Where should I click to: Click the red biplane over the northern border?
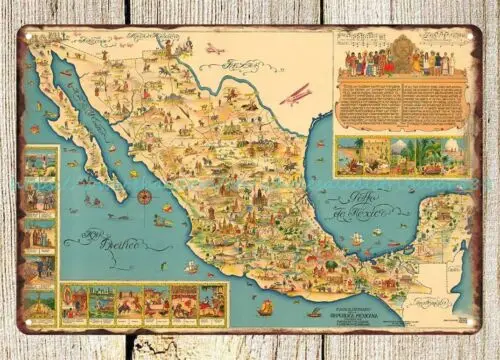click(295, 94)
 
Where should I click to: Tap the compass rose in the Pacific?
click(145, 197)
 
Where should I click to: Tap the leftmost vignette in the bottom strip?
click(75, 304)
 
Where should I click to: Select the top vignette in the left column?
click(40, 163)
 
